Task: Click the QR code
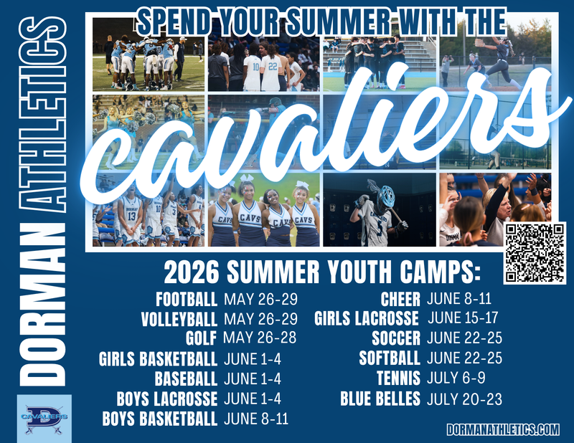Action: click(535, 252)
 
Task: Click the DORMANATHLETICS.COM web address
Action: click(502, 429)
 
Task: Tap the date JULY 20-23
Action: click(464, 399)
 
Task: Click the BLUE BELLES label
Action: click(380, 399)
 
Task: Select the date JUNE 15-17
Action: click(463, 317)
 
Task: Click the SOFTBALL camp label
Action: click(389, 357)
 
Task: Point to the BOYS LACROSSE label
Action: click(166, 399)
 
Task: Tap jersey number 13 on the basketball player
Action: click(131, 216)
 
